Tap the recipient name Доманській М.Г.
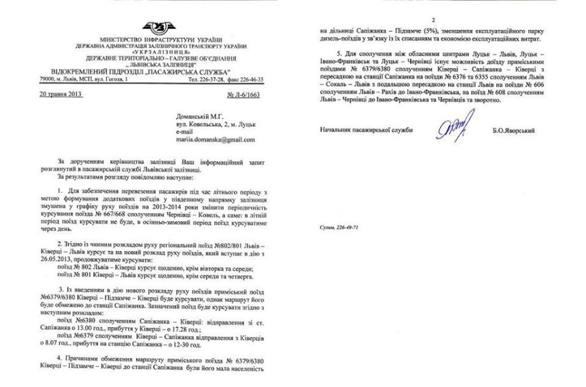tap(195, 113)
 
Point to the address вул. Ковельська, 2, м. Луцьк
tap(214, 122)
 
